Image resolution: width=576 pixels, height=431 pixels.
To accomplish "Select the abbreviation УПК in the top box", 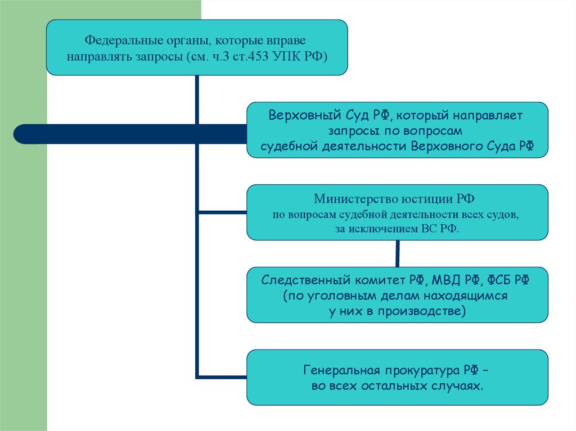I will pyautogui.click(x=291, y=56).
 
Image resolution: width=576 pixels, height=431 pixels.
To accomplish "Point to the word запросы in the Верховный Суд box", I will pyautogui.click(x=357, y=131).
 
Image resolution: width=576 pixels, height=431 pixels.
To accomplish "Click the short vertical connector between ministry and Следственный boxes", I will pyautogui.click(x=398, y=253).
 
